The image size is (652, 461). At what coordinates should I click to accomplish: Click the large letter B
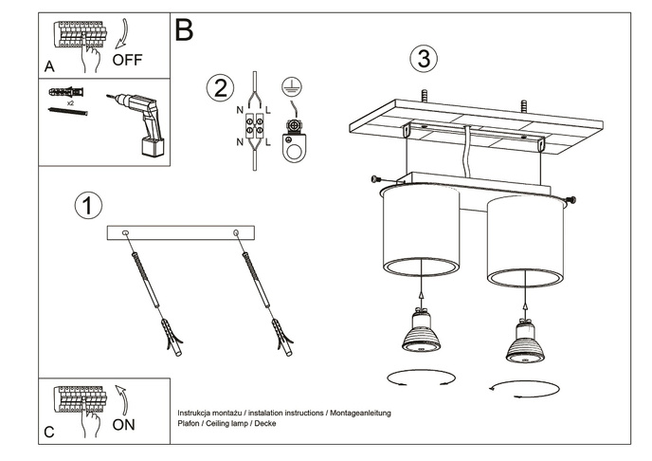coord(184,30)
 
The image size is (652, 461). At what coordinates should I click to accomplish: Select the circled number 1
coord(87,205)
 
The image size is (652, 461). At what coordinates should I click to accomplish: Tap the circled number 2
coord(219,89)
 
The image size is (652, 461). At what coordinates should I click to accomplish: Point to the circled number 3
coord(423,59)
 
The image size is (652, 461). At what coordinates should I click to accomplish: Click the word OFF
coord(127,60)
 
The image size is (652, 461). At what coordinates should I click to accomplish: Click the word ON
coord(123,425)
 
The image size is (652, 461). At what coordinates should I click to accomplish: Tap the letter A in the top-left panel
coord(49,67)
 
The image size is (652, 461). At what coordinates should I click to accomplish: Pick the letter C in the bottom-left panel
coord(49,433)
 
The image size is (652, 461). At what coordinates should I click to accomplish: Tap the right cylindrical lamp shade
coord(525,242)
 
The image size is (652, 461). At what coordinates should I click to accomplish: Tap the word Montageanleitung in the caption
coord(359,415)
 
